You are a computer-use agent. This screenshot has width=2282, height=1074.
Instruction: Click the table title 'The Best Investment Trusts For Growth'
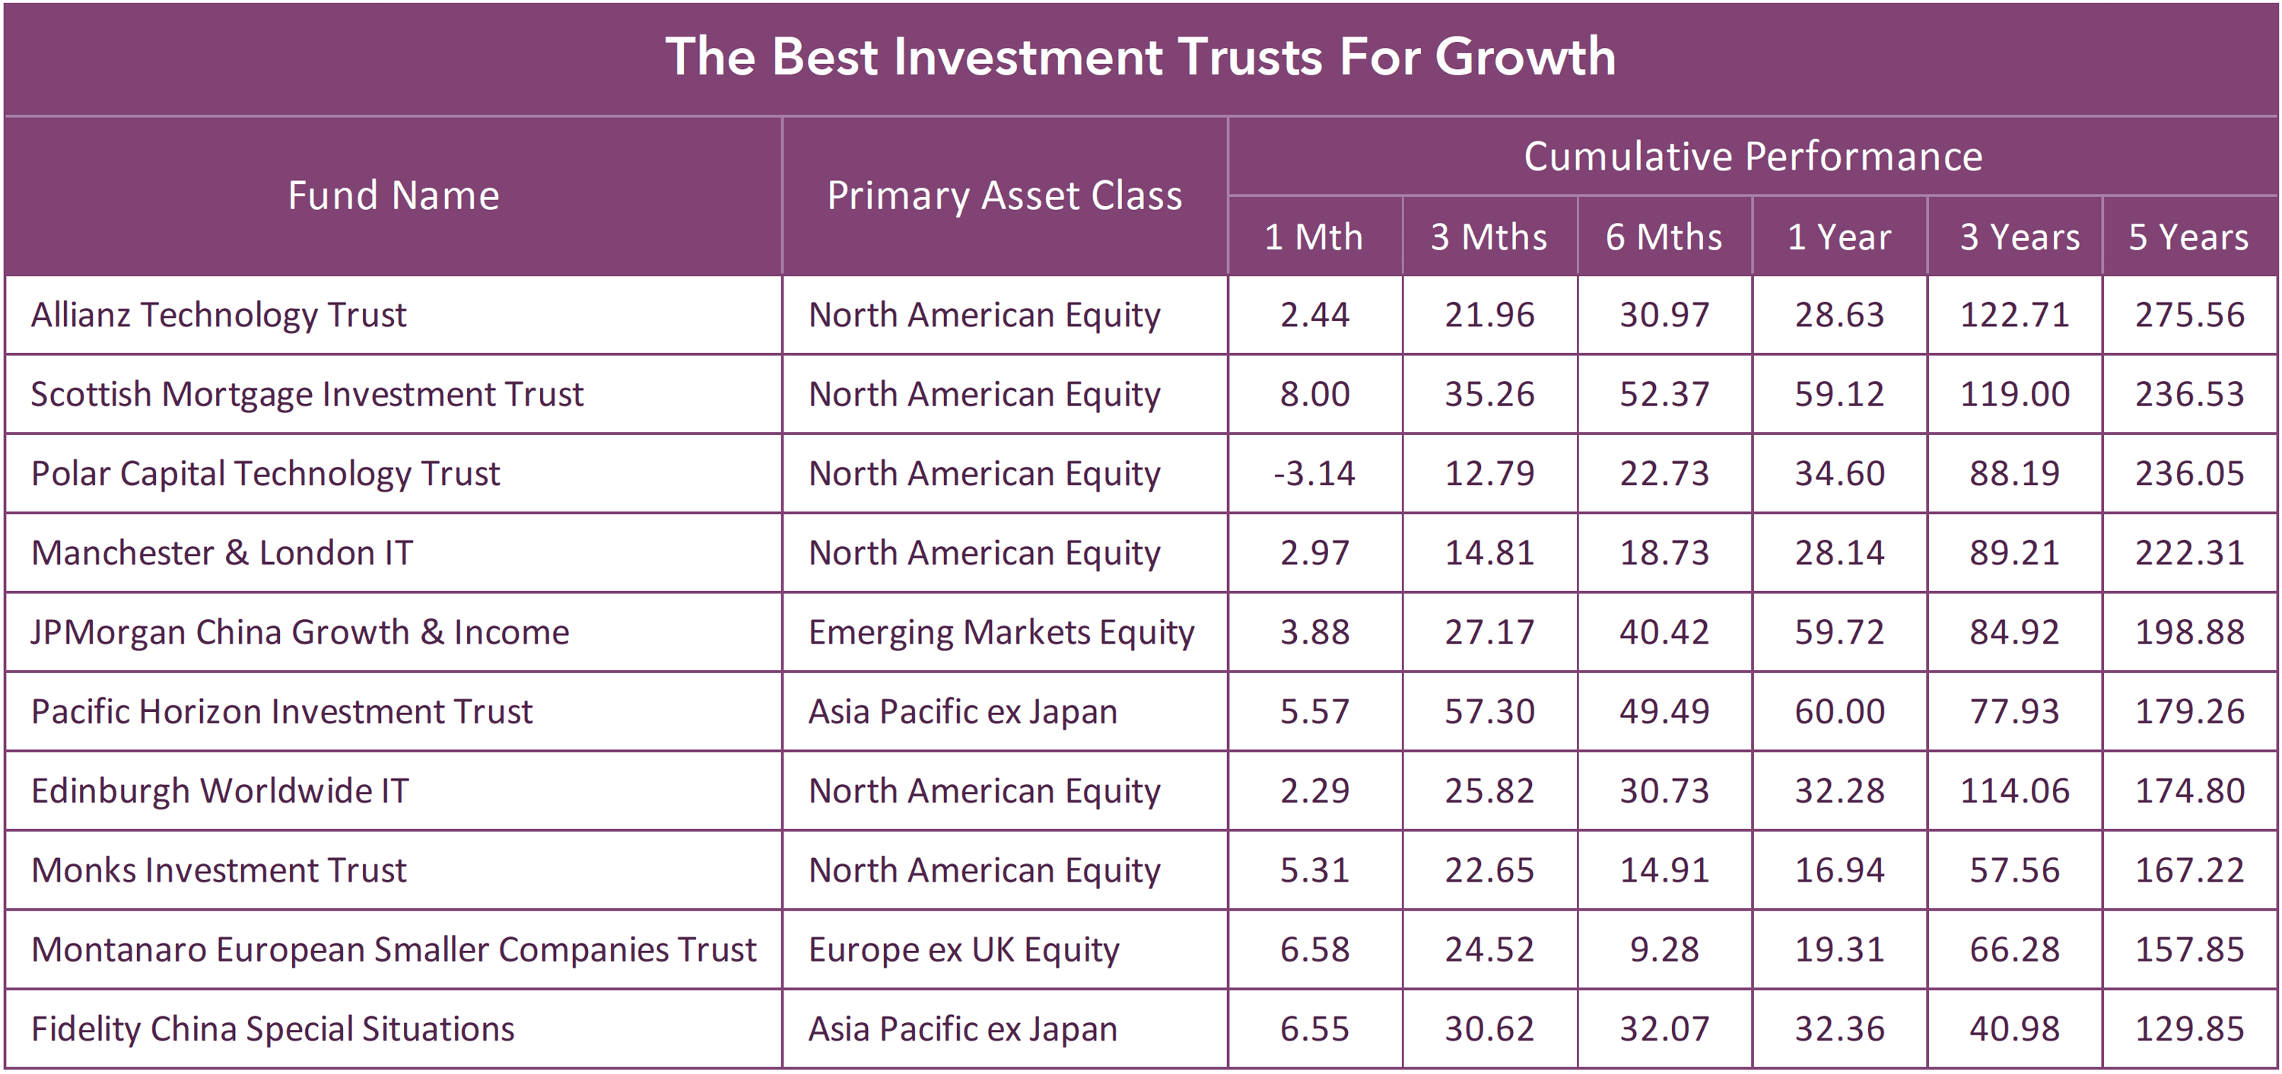coord(1140,57)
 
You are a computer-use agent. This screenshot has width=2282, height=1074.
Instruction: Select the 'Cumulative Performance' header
coord(1753,157)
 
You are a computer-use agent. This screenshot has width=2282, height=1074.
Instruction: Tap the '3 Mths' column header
coord(1489,237)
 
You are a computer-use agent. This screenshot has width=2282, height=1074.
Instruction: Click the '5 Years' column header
coord(2188,237)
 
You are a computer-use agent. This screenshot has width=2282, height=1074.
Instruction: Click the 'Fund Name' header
coord(393,195)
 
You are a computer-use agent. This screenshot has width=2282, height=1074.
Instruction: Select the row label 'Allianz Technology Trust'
coord(219,316)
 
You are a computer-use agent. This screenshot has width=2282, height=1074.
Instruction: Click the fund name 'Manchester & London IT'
coord(222,553)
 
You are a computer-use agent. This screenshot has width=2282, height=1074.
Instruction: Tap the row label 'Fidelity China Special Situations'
coord(273,1029)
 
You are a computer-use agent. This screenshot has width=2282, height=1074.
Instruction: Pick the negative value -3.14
coord(1314,473)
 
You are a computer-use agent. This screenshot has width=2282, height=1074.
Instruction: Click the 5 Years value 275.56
coord(2189,316)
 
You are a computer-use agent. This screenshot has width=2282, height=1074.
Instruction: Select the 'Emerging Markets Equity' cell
coord(1001,633)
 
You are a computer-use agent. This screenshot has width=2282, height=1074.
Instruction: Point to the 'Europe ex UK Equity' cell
coord(964,950)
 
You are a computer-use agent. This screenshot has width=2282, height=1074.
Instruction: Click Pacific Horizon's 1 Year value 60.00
coord(1839,712)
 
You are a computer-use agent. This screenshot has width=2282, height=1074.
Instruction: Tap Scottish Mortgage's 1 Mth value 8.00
coord(1314,394)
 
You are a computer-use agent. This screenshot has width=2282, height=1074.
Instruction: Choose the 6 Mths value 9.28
coord(1664,950)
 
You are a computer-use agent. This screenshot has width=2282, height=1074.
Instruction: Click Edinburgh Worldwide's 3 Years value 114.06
coord(2013,791)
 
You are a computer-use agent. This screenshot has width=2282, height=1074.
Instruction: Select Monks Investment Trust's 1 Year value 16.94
coord(1839,870)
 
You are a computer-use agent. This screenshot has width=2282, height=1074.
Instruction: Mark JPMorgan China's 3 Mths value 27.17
coord(1489,633)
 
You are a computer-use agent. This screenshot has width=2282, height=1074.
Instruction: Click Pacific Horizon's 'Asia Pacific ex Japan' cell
coord(963,712)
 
